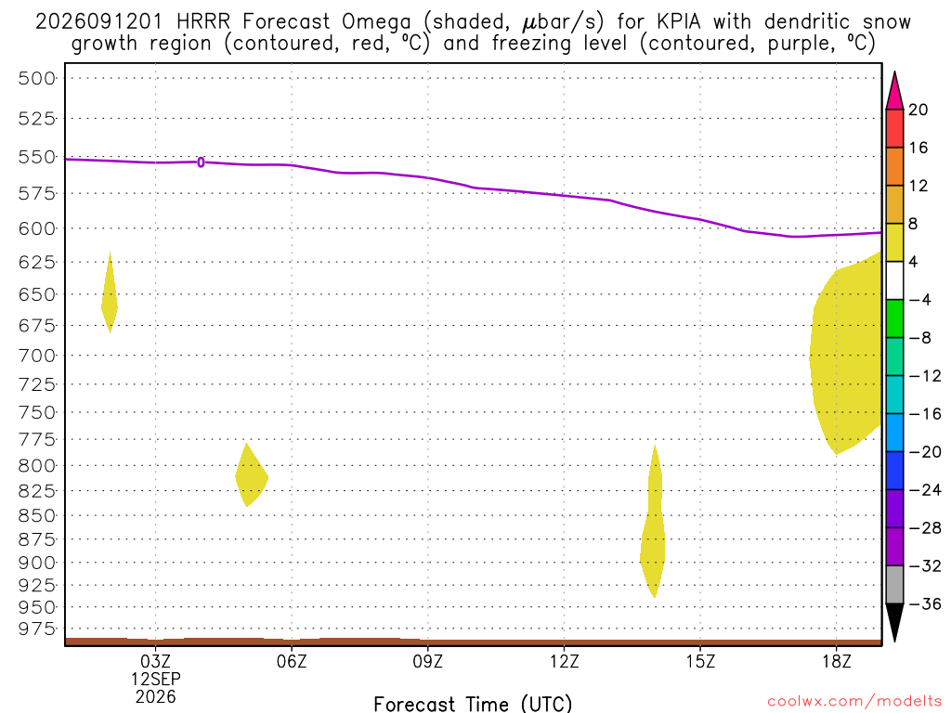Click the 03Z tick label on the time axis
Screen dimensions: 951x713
coord(155,661)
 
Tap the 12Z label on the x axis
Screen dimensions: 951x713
coord(564,661)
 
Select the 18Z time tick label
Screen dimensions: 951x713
coord(837,661)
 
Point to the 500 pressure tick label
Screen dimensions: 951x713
coord(36,78)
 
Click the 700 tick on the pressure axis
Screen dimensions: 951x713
coord(36,356)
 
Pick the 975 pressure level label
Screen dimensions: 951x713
coord(36,629)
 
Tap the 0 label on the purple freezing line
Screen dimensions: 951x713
coord(201,162)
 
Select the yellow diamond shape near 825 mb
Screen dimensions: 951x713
coord(251,475)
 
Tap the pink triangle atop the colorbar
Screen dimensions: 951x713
coord(894,91)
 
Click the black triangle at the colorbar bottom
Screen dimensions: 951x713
coord(894,622)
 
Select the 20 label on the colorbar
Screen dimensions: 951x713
coord(918,110)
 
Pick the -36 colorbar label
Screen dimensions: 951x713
coord(924,603)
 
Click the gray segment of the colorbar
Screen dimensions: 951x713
coord(894,585)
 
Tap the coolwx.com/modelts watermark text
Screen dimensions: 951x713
coord(854,702)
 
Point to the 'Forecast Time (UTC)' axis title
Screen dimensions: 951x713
coord(473,704)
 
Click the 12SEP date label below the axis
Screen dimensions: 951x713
coord(156,679)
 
